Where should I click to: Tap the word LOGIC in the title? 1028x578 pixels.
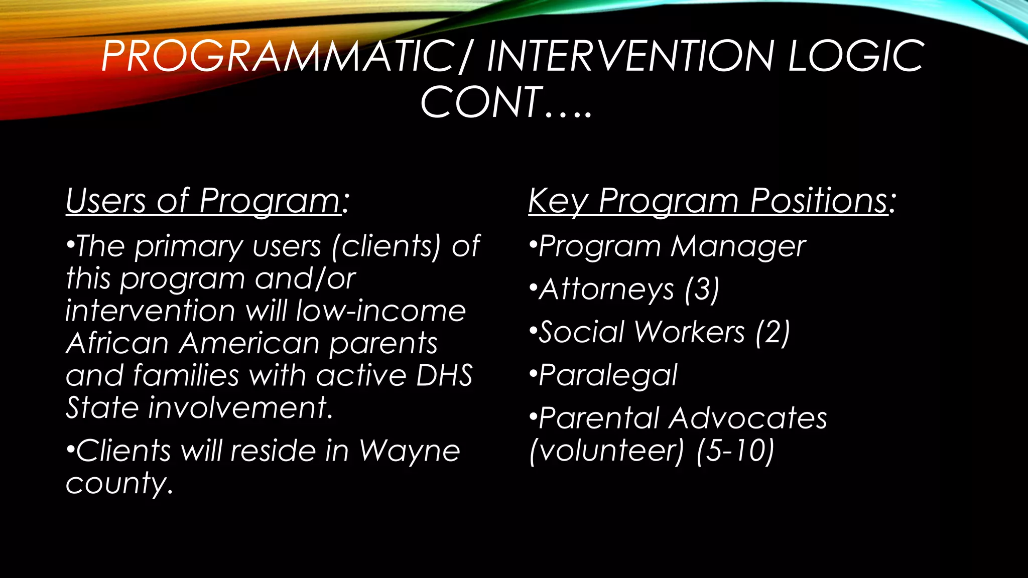(855, 56)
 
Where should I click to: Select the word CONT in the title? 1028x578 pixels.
(482, 103)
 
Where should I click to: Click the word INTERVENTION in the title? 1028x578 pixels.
(630, 56)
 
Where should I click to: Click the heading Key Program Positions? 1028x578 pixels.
(711, 201)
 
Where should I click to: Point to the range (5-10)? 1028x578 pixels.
(735, 450)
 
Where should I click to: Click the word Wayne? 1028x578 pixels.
(409, 450)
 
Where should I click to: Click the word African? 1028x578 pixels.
(117, 344)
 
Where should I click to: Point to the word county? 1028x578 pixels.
(118, 483)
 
